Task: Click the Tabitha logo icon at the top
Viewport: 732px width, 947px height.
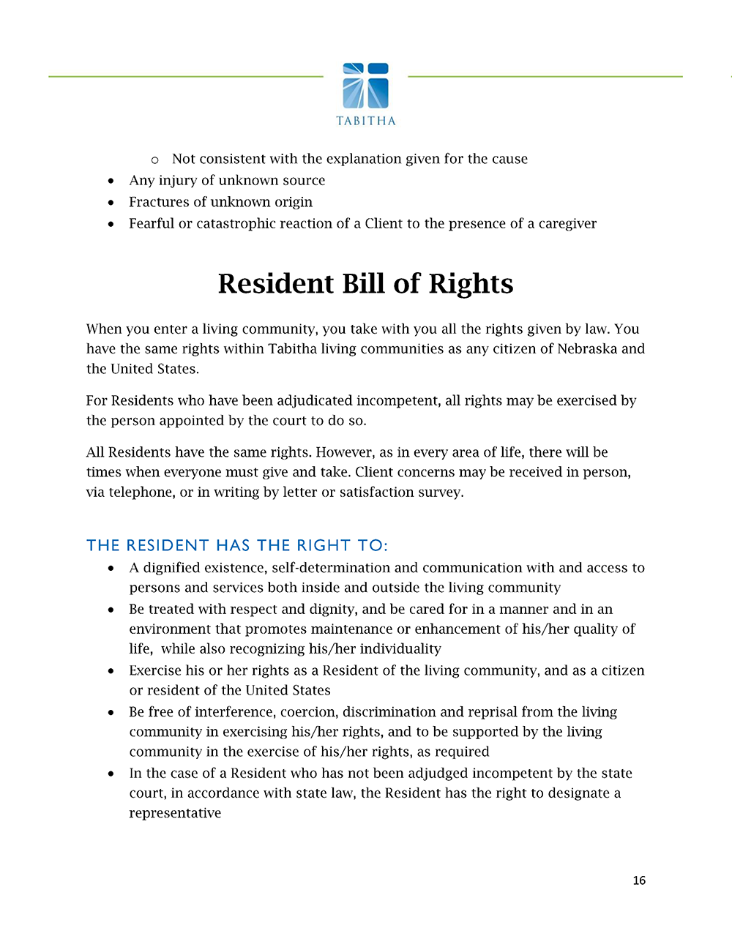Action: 366,86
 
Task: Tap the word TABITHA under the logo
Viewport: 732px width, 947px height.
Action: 366,121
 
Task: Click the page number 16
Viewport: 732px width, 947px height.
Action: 639,880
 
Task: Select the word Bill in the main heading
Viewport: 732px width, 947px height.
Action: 366,284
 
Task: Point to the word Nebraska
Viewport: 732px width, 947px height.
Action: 587,349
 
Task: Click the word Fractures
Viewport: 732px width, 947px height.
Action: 159,202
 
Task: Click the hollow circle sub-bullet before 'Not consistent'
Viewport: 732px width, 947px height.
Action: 154,160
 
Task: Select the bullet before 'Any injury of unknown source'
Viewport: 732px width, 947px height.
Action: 111,181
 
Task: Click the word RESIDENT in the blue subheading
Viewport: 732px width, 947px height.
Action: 168,545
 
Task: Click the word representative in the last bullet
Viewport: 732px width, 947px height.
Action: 175,813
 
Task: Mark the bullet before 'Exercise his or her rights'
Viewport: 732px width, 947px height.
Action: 111,671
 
